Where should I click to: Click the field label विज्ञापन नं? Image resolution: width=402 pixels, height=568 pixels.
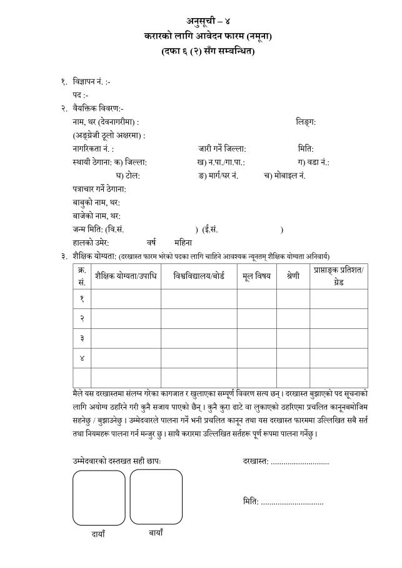point(92,82)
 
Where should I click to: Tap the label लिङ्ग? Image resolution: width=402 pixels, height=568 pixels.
point(306,122)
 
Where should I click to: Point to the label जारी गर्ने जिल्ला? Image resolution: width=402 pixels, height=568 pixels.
point(222,149)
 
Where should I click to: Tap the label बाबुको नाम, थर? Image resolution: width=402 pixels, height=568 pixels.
point(96,202)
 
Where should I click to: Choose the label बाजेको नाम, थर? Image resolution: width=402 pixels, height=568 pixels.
point(96,216)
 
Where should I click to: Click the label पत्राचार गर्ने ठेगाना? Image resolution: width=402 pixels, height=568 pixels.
point(99,189)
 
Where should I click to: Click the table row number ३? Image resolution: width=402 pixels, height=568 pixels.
point(82,338)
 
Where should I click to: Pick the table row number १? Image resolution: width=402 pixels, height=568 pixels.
point(82,299)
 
